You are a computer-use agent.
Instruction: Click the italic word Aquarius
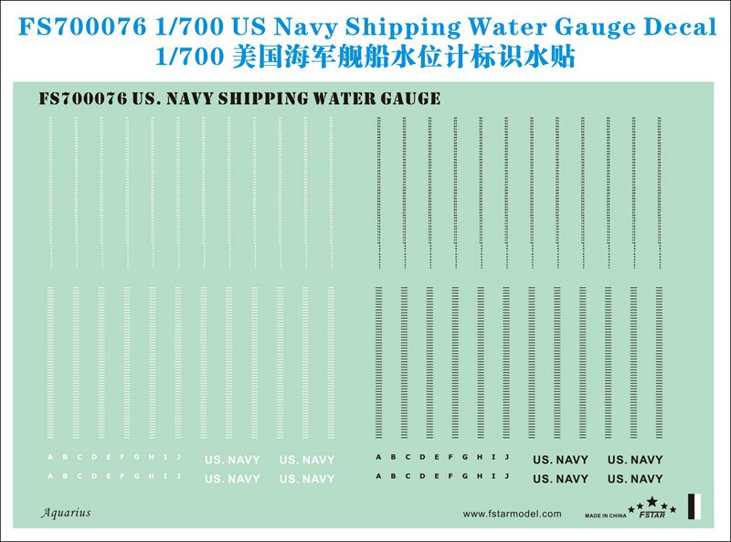click(x=66, y=513)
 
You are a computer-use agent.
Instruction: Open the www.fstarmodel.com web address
click(x=512, y=514)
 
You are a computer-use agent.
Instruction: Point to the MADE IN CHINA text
click(x=606, y=516)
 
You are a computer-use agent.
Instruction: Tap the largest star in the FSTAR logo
click(x=652, y=501)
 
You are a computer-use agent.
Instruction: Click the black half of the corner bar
click(x=693, y=506)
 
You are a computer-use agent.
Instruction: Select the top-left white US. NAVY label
click(x=231, y=461)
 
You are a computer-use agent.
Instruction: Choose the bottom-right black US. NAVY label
click(x=635, y=479)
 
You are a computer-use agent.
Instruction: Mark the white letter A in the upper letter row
click(x=50, y=457)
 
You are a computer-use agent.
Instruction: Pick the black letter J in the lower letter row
click(x=505, y=475)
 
